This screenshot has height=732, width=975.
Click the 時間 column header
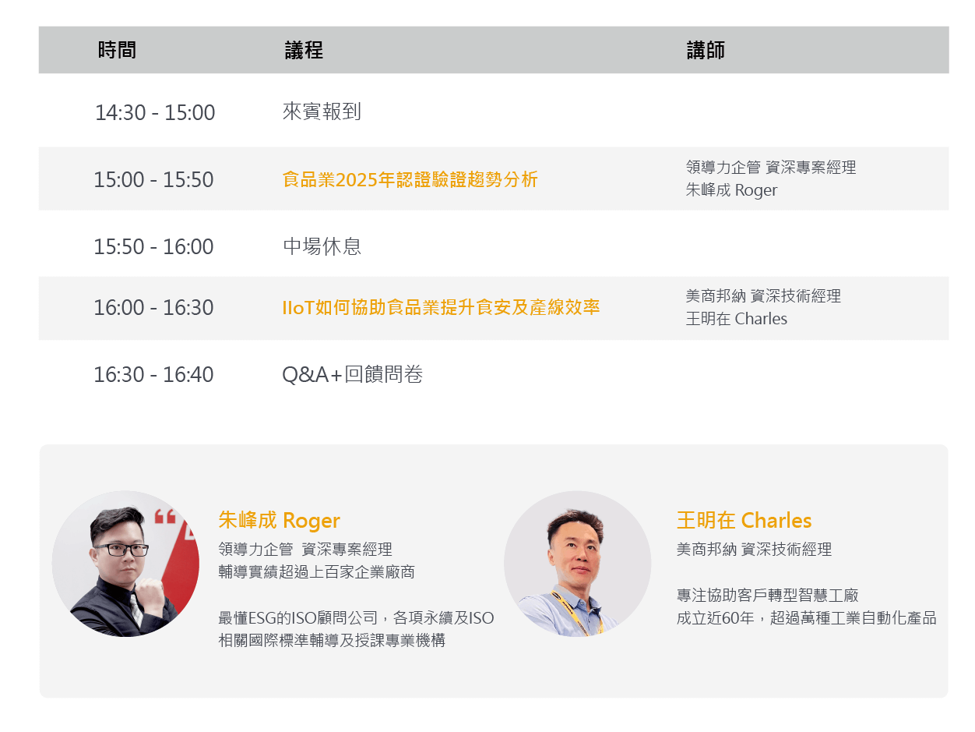pyautogui.click(x=117, y=50)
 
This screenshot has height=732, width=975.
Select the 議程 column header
pyautogui.click(x=304, y=50)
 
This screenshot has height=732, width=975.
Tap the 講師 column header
pyautogui.click(x=706, y=50)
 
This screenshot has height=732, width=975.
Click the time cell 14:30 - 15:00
pyautogui.click(x=154, y=112)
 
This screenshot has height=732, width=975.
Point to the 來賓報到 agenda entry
pyautogui.click(x=322, y=111)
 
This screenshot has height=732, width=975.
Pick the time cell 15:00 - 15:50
pyautogui.click(x=153, y=179)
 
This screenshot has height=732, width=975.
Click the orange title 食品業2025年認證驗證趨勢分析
pyautogui.click(x=410, y=179)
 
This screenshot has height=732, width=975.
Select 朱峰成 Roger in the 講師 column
pyautogui.click(x=731, y=190)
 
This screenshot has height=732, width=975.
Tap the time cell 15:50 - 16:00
pyautogui.click(x=153, y=246)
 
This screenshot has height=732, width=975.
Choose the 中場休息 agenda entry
pyautogui.click(x=322, y=246)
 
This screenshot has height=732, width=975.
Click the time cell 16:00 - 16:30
pyautogui.click(x=153, y=308)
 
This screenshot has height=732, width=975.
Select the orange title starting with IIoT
pyautogui.click(x=441, y=307)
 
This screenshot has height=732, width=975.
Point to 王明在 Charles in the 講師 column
pyautogui.click(x=736, y=319)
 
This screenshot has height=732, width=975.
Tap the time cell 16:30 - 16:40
pyautogui.click(x=153, y=375)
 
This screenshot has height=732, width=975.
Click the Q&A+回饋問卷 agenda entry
pyautogui.click(x=352, y=374)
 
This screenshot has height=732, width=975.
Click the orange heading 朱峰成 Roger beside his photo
pyautogui.click(x=279, y=521)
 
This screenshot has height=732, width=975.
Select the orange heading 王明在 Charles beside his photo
pyautogui.click(x=744, y=520)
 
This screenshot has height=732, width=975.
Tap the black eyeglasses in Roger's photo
pyautogui.click(x=121, y=550)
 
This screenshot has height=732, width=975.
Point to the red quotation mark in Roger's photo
pyautogui.click(x=165, y=516)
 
